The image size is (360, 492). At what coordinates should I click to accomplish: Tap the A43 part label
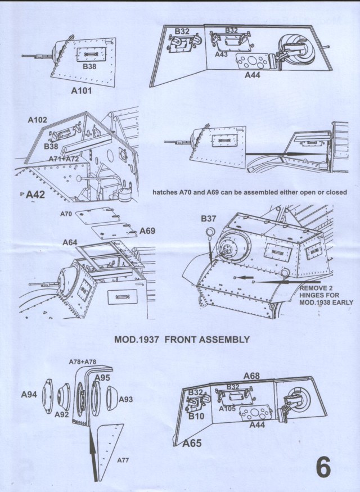tap(221, 54)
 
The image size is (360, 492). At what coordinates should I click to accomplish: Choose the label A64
tap(70, 242)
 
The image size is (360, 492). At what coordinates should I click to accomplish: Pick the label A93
tap(125, 399)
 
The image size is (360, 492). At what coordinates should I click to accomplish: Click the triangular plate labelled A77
tap(109, 444)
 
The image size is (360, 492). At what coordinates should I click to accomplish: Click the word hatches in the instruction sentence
tap(165, 192)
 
